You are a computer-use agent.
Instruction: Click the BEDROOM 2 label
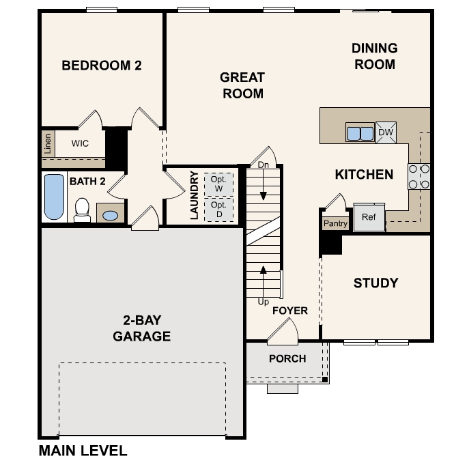[101, 66]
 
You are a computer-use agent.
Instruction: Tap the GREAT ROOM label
[242, 85]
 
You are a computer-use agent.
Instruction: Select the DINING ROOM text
[374, 56]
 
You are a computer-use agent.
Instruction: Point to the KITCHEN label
[364, 175]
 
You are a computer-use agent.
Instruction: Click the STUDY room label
[375, 283]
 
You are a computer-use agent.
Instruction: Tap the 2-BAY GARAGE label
[142, 328]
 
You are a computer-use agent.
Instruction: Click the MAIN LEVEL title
[83, 451]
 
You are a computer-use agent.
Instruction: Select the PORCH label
[287, 358]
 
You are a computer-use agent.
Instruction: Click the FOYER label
[290, 311]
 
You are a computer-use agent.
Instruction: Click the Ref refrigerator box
[369, 218]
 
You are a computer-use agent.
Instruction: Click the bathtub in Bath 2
[54, 197]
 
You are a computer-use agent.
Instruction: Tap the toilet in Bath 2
[82, 209]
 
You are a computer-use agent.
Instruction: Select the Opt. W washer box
[218, 184]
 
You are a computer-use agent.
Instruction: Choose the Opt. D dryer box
[218, 209]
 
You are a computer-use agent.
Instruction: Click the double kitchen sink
[360, 132]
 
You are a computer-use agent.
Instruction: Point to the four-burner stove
[418, 176]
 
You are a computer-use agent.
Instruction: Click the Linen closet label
[46, 144]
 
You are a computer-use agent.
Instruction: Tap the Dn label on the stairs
[264, 165]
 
